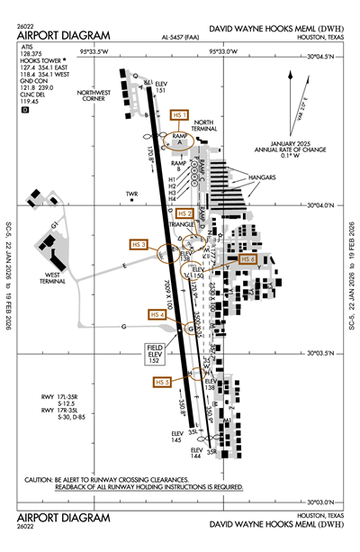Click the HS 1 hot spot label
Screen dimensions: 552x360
click(x=179, y=116)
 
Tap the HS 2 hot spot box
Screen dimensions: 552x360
click(x=184, y=213)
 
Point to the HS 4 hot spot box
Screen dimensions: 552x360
click(x=157, y=314)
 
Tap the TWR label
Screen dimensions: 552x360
click(x=132, y=194)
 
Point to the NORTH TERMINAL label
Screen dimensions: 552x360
click(x=204, y=126)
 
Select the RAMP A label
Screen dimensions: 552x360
click(x=178, y=139)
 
